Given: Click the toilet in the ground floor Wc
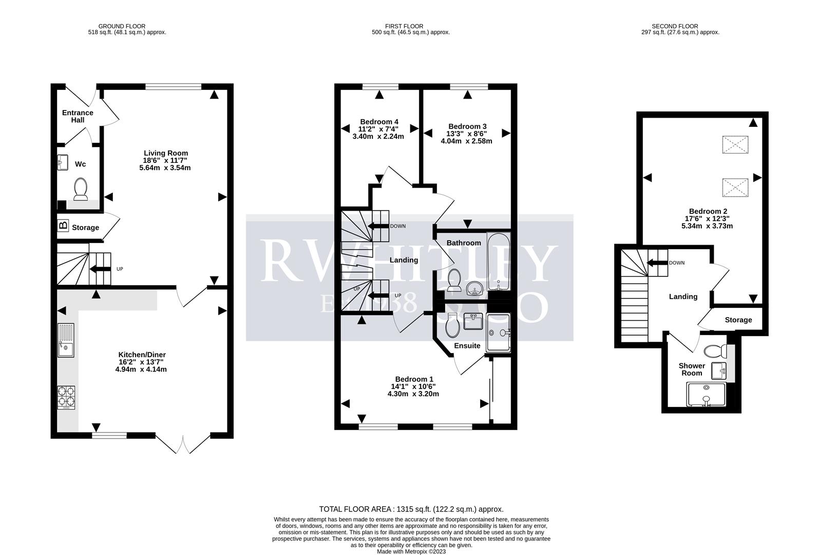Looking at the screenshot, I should [x=81, y=189].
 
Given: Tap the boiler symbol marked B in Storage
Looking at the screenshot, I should [x=63, y=225].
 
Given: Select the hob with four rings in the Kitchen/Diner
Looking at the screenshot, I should [x=66, y=397].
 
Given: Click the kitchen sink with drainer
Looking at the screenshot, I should [x=66, y=340].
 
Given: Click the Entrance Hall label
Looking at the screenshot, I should [x=78, y=116].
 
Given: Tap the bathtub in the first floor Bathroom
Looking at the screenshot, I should [x=498, y=262].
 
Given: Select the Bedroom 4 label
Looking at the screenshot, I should [x=379, y=122].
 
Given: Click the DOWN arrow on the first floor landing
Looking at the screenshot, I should [x=380, y=226].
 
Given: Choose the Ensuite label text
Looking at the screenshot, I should [x=467, y=346].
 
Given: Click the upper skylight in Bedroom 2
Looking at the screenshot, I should [x=735, y=145].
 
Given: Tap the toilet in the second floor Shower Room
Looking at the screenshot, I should [x=714, y=351].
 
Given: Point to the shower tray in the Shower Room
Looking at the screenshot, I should [x=707, y=395].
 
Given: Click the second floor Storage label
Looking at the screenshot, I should [x=738, y=320].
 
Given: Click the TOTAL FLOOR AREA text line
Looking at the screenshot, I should [x=411, y=509].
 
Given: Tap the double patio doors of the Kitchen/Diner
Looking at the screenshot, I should [x=183, y=443].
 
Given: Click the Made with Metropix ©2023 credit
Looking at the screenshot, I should [x=411, y=551].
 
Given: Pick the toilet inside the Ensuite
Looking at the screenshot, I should [x=453, y=325].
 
